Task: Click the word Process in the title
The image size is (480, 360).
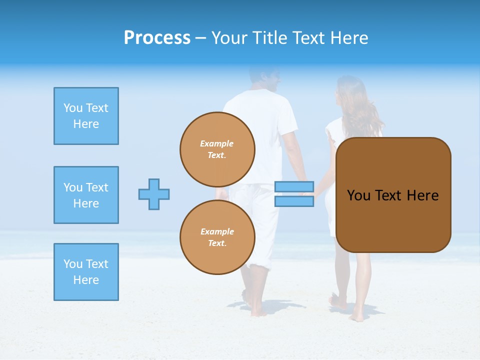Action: (x=157, y=37)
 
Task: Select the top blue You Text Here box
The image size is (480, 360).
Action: (x=86, y=116)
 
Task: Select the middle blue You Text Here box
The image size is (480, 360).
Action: (x=86, y=195)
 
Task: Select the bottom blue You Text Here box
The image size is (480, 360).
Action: (x=86, y=272)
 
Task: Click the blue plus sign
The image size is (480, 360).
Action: (x=154, y=194)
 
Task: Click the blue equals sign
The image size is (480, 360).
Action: (x=294, y=194)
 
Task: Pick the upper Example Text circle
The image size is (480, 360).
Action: (x=217, y=149)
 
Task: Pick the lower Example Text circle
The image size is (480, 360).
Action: (x=217, y=237)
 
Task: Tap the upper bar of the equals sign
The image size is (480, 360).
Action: (x=294, y=187)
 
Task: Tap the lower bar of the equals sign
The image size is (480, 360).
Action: (x=294, y=201)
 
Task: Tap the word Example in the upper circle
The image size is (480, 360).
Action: (x=217, y=143)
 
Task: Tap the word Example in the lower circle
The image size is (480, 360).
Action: (x=217, y=231)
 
